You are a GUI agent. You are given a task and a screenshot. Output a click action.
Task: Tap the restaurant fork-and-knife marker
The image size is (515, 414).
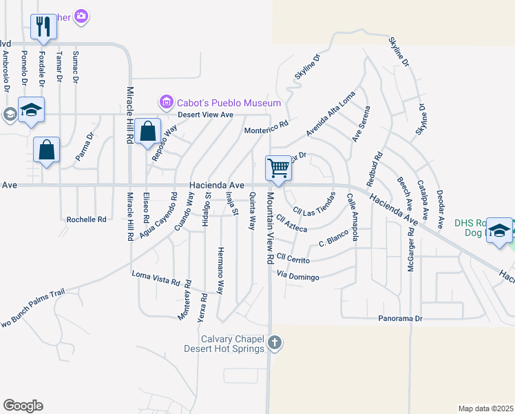pyautogui.click(x=43, y=27)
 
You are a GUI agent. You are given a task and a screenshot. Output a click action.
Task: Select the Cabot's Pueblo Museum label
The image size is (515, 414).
pyautogui.click(x=218, y=103)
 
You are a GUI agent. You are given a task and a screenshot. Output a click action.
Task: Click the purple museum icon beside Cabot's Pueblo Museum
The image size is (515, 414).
pyautogui.click(x=166, y=103)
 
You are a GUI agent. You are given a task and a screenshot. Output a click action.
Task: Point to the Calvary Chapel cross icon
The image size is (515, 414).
pyautogui.click(x=274, y=342)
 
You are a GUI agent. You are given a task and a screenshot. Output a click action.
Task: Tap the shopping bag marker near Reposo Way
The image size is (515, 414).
pyautogui.click(x=148, y=130)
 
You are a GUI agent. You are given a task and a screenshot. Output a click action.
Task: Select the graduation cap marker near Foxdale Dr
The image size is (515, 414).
pyautogui.click(x=31, y=110)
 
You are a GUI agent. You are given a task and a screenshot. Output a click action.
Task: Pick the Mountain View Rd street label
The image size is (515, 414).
pyautogui.click(x=270, y=228)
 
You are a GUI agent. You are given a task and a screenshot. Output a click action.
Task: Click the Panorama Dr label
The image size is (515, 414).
pyautogui.click(x=403, y=319)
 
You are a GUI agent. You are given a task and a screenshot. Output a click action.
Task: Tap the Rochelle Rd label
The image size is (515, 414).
pyautogui.click(x=87, y=219)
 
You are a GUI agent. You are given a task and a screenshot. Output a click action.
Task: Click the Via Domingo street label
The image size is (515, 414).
pyautogui.click(x=298, y=277)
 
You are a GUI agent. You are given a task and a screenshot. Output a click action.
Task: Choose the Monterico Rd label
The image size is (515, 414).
pyautogui.click(x=266, y=129)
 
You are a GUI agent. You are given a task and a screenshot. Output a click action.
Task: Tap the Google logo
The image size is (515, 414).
pyautogui.click(x=23, y=406)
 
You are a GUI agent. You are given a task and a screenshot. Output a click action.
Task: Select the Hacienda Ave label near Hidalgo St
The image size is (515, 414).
pyautogui.click(x=218, y=186)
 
